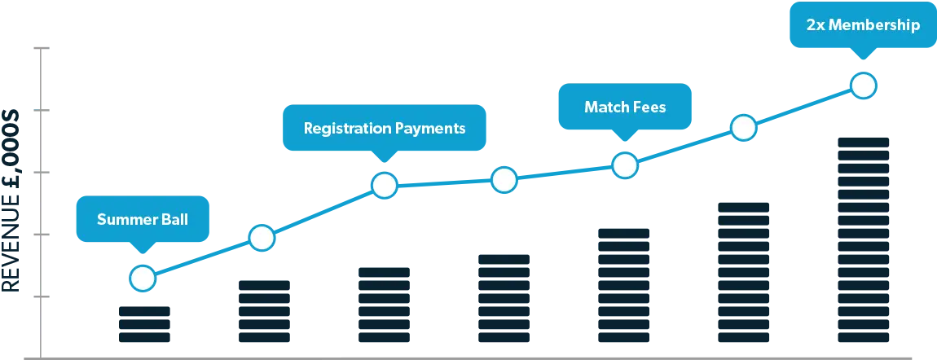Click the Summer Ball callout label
click(x=143, y=219)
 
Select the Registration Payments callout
click(x=385, y=128)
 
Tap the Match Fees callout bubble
click(x=625, y=106)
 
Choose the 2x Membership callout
click(x=863, y=25)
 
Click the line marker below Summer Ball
click(x=143, y=278)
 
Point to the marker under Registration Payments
click(x=385, y=186)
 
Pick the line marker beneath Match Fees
click(x=625, y=165)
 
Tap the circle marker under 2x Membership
click(x=864, y=86)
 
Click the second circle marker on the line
click(x=262, y=238)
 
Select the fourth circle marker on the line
click(x=504, y=180)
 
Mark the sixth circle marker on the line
click(x=743, y=128)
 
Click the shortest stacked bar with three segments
click(x=144, y=324)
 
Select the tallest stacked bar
click(x=864, y=240)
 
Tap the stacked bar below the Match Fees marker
click(x=624, y=285)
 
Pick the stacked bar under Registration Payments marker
click(x=385, y=305)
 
